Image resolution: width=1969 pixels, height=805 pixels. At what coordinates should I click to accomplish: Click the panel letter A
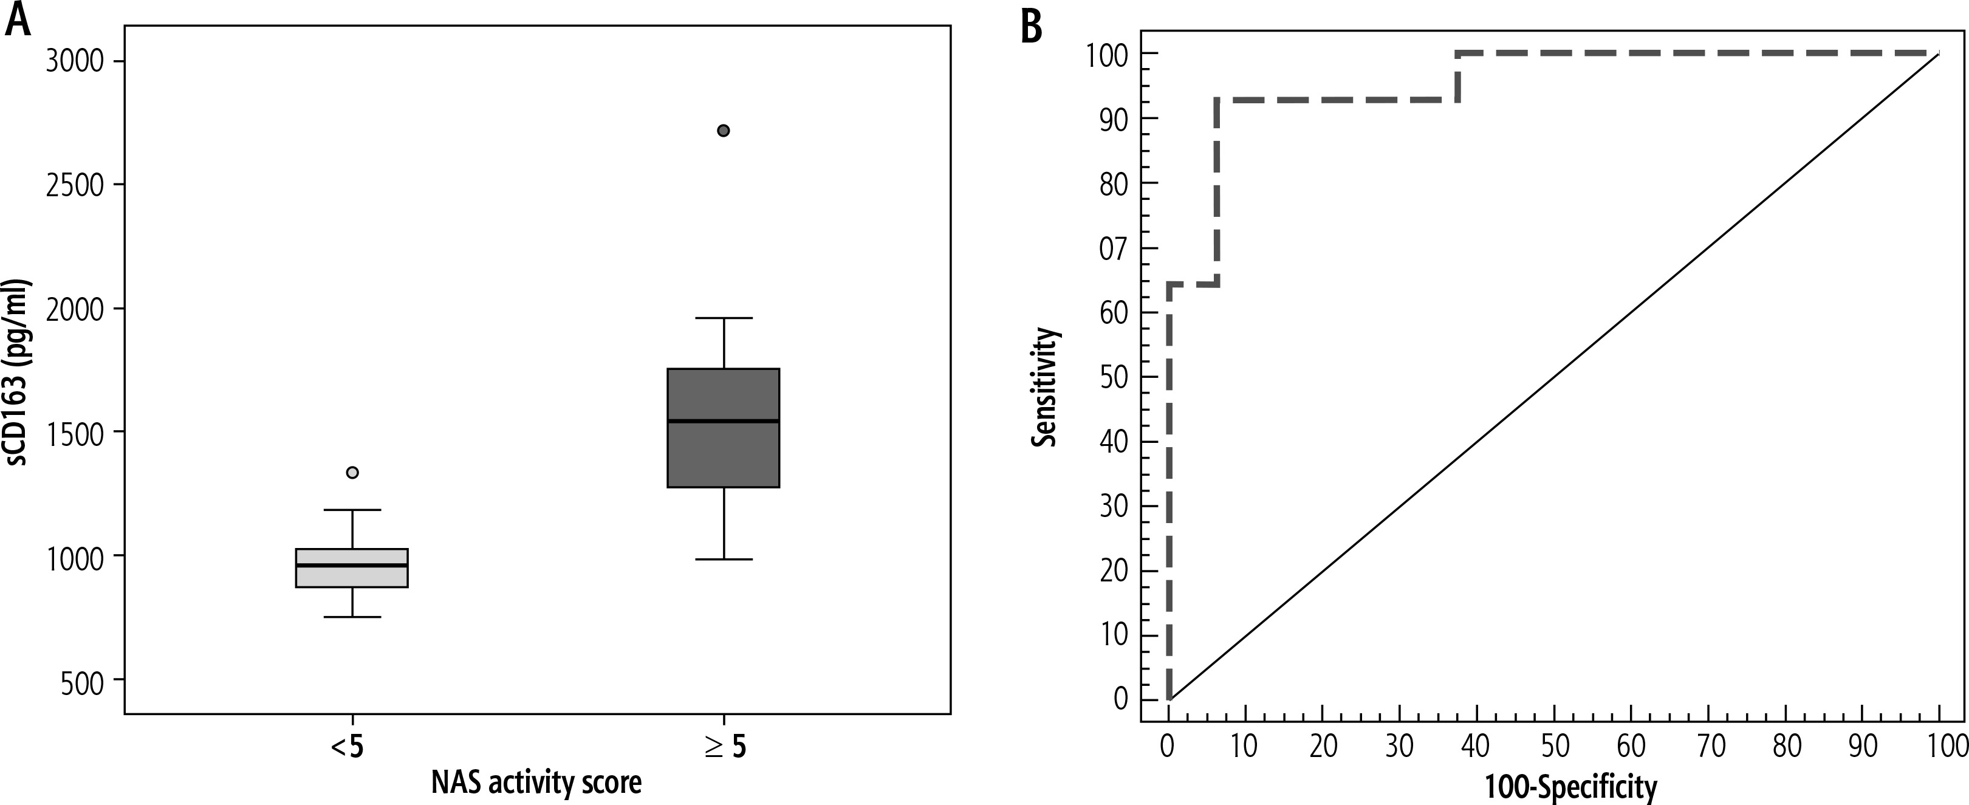[x=18, y=21]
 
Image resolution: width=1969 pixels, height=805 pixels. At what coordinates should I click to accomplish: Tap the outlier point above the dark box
[x=723, y=131]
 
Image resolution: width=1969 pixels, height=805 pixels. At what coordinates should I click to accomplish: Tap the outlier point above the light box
[x=352, y=473]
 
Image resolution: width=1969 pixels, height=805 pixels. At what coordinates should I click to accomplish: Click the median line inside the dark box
[x=723, y=421]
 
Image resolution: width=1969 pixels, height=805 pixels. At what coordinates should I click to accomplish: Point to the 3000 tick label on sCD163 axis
[x=74, y=61]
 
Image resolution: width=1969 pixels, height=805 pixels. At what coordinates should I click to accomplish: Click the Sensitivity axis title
[x=1045, y=388]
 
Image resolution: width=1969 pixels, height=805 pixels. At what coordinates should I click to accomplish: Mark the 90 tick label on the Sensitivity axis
[x=1114, y=119]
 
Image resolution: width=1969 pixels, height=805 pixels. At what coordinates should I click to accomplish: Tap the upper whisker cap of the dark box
[x=723, y=318]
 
